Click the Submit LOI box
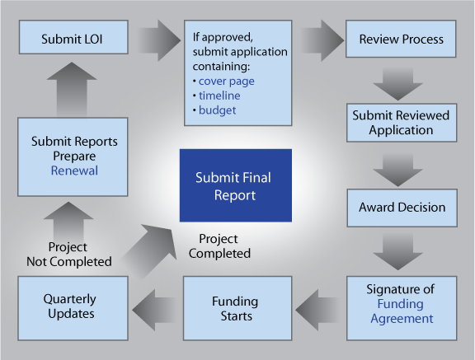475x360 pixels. [x=73, y=37]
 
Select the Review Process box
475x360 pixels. [x=401, y=39]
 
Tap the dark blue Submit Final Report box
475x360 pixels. [x=236, y=185]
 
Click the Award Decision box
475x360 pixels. [x=402, y=208]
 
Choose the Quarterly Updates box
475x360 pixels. [x=73, y=308]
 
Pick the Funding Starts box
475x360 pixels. [x=237, y=308]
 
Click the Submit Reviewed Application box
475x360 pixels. [x=402, y=123]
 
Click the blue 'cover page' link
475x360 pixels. [x=226, y=81]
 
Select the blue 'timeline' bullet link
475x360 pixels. [x=219, y=96]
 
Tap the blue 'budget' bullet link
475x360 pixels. [x=217, y=110]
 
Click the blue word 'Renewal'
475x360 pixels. [x=74, y=171]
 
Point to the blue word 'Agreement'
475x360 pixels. [x=402, y=319]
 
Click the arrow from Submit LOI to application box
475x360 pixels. [x=159, y=40]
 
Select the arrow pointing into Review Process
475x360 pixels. [x=322, y=40]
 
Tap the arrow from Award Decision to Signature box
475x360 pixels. [x=397, y=252]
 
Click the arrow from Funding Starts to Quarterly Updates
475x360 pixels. [x=154, y=310]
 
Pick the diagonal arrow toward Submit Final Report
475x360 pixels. [x=150, y=250]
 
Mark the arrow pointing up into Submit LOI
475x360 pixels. [x=72, y=90]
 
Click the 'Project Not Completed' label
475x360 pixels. [x=69, y=255]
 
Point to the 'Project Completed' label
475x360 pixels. [x=219, y=246]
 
